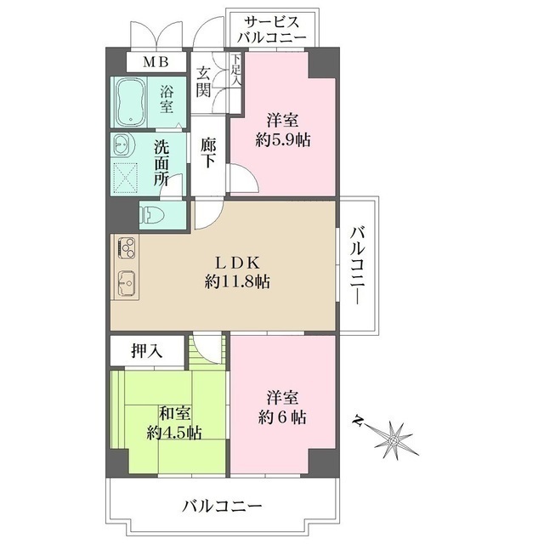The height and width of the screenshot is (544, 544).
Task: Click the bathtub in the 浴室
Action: tap(130, 102)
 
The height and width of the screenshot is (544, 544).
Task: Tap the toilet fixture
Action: tap(150, 215)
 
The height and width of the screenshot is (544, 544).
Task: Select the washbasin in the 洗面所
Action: tap(122, 144)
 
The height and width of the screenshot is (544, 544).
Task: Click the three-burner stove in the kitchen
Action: tap(127, 247)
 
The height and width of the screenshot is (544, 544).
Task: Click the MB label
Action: tap(156, 62)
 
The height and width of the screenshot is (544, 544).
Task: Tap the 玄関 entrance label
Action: tap(203, 82)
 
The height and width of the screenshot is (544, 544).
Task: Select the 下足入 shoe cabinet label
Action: tap(236, 70)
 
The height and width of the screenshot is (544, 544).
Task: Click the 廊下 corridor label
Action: tap(208, 153)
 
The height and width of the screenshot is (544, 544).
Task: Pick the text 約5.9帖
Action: tap(283, 140)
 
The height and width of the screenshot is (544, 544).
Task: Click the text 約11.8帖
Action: tap(237, 281)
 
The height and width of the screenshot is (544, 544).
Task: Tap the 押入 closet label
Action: tap(146, 351)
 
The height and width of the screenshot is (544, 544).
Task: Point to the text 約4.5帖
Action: tap(174, 433)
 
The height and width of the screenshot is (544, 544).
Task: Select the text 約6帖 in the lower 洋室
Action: tap(282, 417)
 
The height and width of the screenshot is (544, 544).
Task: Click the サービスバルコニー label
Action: tap(272, 30)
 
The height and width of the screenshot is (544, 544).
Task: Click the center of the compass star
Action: tap(394, 441)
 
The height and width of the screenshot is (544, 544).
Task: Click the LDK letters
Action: tap(238, 263)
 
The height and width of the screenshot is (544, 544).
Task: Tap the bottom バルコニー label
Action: tap(222, 507)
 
